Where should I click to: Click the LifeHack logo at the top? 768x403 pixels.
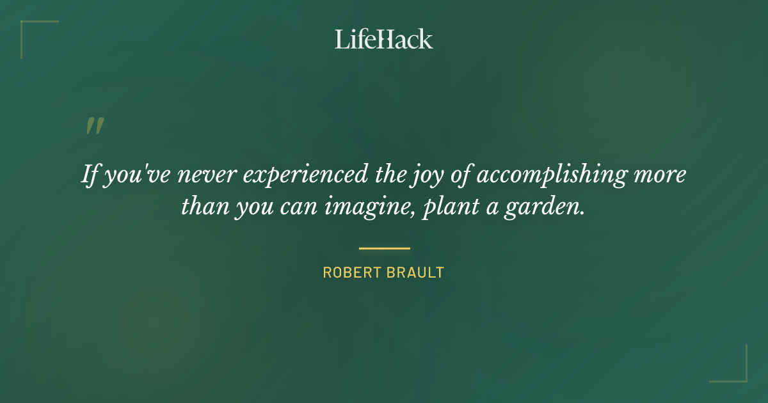(383, 39)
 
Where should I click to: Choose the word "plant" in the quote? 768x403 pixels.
(444, 209)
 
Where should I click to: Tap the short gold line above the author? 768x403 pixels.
(384, 248)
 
